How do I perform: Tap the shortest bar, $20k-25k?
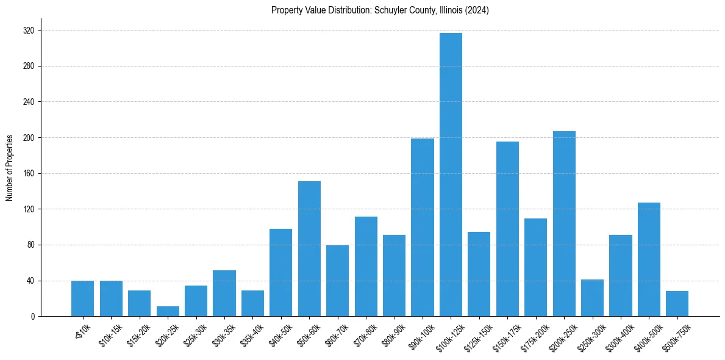(x=168, y=311)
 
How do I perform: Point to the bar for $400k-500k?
(x=649, y=259)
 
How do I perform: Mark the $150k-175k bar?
(x=507, y=229)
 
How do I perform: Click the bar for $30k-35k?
(x=224, y=293)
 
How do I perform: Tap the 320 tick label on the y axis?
(x=29, y=31)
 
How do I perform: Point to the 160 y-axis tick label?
(x=29, y=173)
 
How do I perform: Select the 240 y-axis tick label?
(x=29, y=102)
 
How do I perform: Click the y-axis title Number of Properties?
(x=10, y=167)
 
